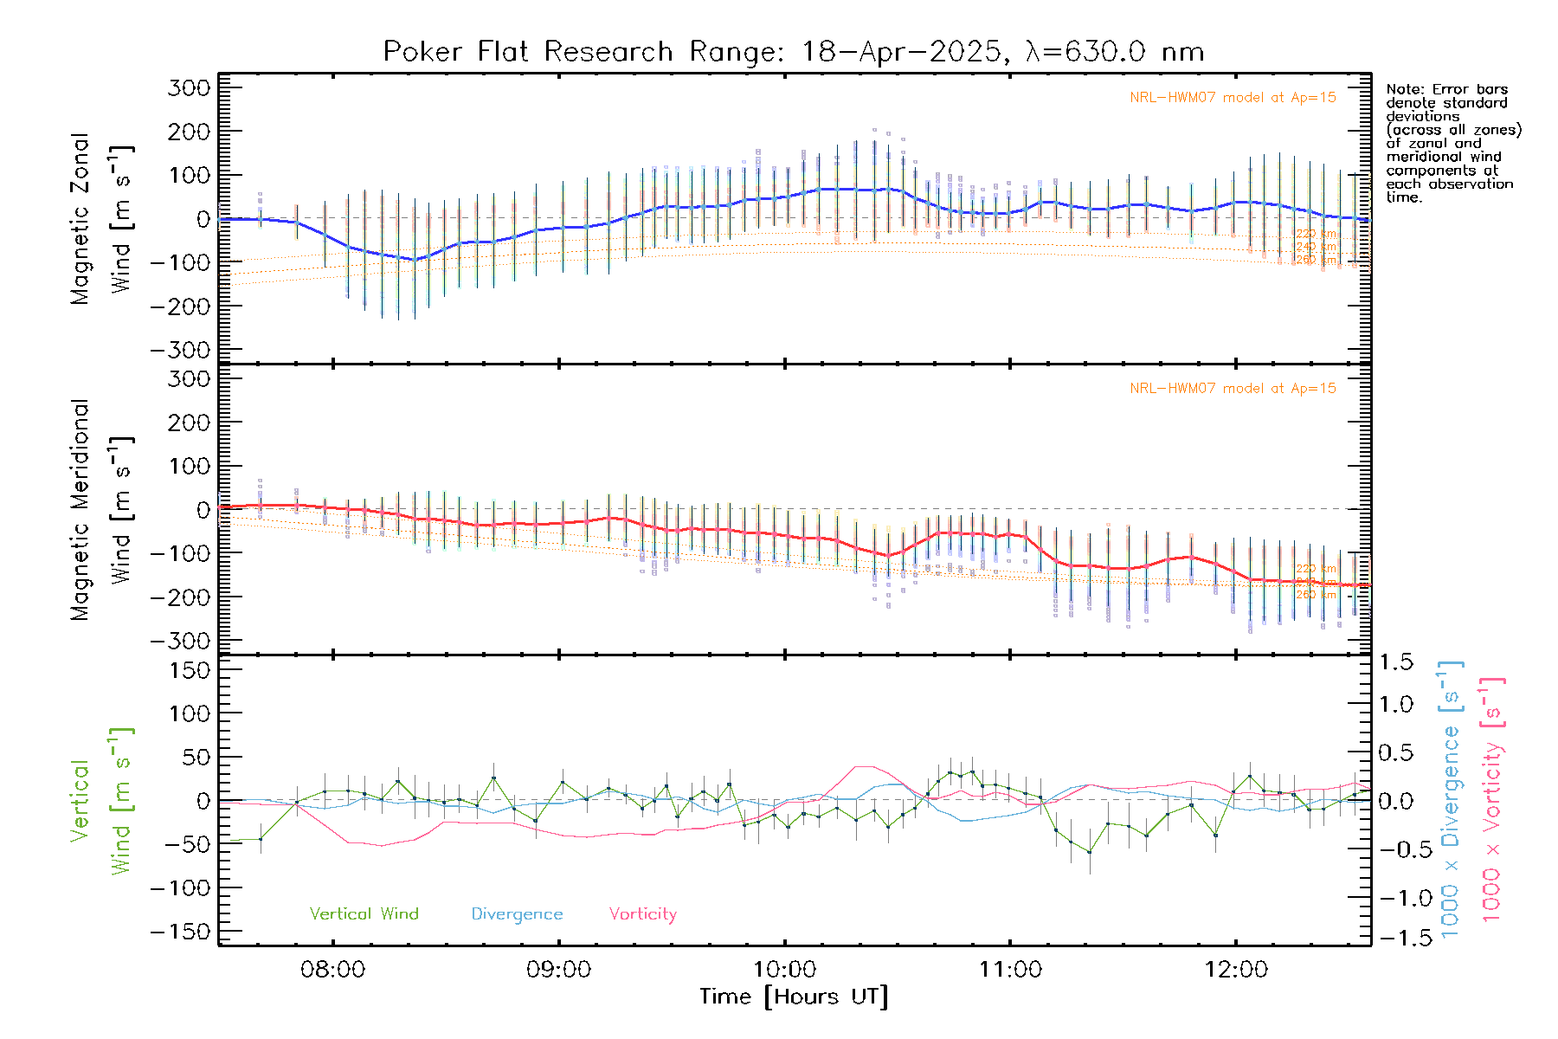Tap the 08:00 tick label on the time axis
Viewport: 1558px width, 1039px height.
[332, 970]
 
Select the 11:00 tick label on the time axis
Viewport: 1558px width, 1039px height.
[1010, 970]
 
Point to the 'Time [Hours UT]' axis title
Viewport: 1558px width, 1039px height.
[793, 997]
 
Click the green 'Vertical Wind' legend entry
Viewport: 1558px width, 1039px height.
[364, 914]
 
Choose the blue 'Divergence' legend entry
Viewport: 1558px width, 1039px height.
[517, 914]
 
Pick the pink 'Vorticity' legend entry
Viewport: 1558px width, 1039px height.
[642, 914]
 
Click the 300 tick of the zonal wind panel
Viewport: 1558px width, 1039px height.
[189, 88]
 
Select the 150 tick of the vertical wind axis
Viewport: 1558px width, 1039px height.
[189, 670]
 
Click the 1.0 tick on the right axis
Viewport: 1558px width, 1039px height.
[1396, 704]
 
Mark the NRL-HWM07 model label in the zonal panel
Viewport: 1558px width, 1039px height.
[1233, 98]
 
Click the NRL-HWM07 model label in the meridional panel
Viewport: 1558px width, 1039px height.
[1233, 389]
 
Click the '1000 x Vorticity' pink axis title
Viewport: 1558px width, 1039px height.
[1492, 799]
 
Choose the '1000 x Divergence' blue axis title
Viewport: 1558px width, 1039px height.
[1451, 799]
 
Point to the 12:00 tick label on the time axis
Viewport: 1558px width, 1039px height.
[1236, 970]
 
